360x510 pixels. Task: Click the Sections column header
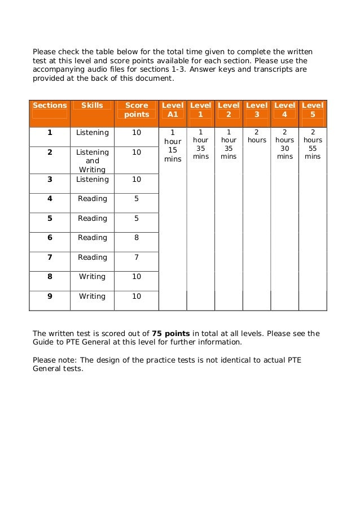pyautogui.click(x=50, y=105)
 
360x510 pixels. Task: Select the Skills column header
pyautogui.click(x=92, y=105)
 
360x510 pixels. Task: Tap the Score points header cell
pyautogui.click(x=137, y=110)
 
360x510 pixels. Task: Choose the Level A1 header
pyautogui.click(x=172, y=110)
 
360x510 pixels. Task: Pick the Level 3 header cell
pyautogui.click(x=257, y=110)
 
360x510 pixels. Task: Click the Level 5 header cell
pyautogui.click(x=313, y=110)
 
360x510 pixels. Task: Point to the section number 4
pyautogui.click(x=50, y=199)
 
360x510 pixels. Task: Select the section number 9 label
pyautogui.click(x=50, y=296)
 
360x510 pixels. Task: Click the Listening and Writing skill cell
pyautogui.click(x=93, y=161)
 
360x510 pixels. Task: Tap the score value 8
pyautogui.click(x=137, y=238)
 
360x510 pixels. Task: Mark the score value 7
pyautogui.click(x=137, y=258)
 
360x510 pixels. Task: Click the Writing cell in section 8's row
pyautogui.click(x=93, y=277)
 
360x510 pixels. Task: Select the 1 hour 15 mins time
pyautogui.click(x=172, y=148)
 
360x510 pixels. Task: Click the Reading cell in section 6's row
pyautogui.click(x=93, y=238)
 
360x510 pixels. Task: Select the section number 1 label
pyautogui.click(x=50, y=133)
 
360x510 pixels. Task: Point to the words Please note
pyautogui.click(x=52, y=360)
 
